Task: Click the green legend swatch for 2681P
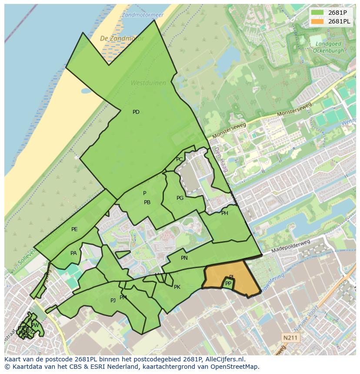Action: click(x=317, y=13)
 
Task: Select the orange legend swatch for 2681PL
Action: click(x=317, y=21)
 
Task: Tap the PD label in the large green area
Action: click(x=136, y=112)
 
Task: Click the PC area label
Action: click(x=179, y=159)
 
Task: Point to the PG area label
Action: click(x=180, y=198)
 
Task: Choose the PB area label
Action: click(x=147, y=202)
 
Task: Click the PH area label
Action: click(x=224, y=213)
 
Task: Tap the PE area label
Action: click(x=74, y=229)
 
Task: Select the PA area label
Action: click(x=73, y=253)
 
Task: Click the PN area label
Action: click(x=184, y=258)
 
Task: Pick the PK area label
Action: click(x=177, y=287)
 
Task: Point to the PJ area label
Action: click(x=113, y=300)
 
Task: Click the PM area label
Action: click(x=123, y=298)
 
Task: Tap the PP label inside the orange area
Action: click(x=228, y=284)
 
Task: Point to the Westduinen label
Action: click(x=143, y=82)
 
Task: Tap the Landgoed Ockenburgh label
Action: click(x=328, y=47)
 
